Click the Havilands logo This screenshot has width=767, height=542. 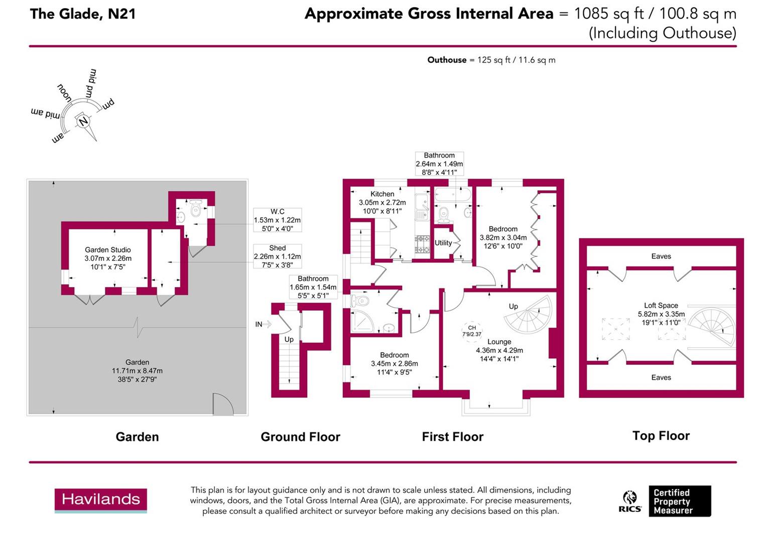tap(101, 500)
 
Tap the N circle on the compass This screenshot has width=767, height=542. tap(83, 121)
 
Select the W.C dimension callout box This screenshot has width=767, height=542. tap(278, 220)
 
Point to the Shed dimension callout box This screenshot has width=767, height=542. tap(278, 256)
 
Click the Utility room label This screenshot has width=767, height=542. tap(443, 243)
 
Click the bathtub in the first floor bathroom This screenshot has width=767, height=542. tap(453, 195)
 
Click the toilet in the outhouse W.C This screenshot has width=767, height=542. tap(196, 208)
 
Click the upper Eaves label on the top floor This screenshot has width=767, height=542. tap(661, 256)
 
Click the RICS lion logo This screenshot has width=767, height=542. tap(630, 501)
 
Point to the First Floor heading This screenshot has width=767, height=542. tap(452, 437)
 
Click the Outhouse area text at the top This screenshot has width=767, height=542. tap(491, 60)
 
